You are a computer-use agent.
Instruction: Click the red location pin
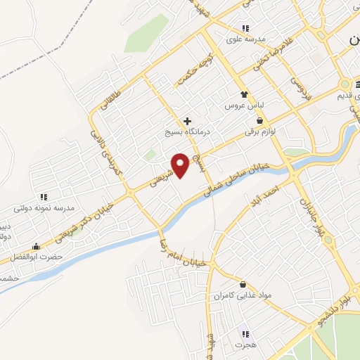pos(181,165)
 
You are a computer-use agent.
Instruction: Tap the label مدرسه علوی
pos(244,39)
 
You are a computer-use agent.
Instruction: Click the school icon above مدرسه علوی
pos(244,28)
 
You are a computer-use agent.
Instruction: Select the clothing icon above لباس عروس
pos(243,94)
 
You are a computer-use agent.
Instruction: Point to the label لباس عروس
pos(243,105)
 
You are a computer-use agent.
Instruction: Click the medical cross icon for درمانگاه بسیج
pos(186,121)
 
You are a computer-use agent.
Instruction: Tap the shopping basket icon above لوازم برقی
pos(259,120)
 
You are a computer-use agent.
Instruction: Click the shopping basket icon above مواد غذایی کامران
pos(243,285)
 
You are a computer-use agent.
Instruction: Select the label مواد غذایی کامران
pos(243,295)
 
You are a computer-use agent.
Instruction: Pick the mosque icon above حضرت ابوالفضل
pos(36,247)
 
